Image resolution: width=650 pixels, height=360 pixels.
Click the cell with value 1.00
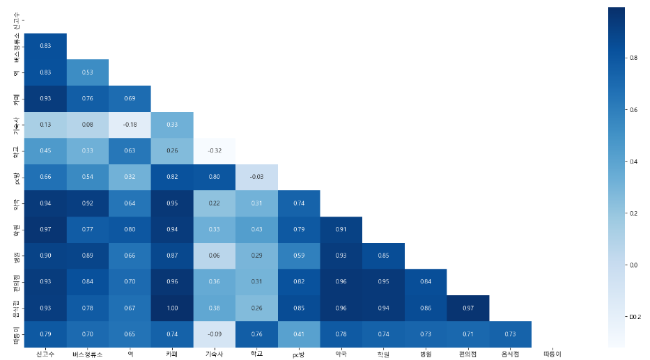tap(172, 308)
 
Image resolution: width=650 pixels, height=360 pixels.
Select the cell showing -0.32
tap(215, 150)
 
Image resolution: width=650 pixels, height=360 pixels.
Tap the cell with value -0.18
tap(130, 125)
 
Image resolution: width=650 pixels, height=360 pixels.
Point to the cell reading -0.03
tap(256, 177)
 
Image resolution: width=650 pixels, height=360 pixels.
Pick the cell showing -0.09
tap(215, 334)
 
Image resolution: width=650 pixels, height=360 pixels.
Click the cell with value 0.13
tap(45, 125)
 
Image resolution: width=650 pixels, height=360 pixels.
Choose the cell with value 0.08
tap(88, 125)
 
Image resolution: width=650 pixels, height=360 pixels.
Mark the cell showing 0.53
tap(88, 72)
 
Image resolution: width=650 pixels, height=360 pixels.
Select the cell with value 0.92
tap(88, 203)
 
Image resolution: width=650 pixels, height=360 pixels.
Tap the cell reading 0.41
tap(299, 334)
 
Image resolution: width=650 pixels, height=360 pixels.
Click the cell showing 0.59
tap(299, 256)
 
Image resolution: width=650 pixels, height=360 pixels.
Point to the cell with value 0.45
tap(45, 150)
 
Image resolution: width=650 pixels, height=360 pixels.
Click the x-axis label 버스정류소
tap(88, 354)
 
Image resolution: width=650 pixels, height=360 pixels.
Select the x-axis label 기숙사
tap(215, 354)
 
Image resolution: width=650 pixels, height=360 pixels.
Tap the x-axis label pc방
tap(299, 354)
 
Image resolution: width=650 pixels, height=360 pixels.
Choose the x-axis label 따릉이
tap(552, 354)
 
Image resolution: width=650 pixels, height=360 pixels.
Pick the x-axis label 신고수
tap(45, 354)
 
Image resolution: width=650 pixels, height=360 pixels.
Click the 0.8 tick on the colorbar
tap(633, 58)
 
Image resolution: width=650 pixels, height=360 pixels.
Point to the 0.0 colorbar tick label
tap(633, 265)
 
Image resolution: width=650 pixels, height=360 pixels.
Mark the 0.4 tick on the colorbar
tap(633, 162)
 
